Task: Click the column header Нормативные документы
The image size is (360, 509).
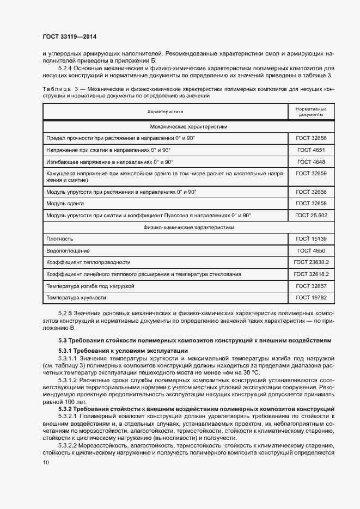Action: (x=311, y=112)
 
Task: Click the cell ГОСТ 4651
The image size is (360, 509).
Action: (x=311, y=150)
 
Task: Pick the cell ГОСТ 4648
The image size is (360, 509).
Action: (x=311, y=162)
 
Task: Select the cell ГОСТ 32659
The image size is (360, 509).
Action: (x=311, y=174)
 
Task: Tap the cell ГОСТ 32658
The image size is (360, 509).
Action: (x=311, y=204)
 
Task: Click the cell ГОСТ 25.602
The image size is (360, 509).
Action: (x=311, y=216)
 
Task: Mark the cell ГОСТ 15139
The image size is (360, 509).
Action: (x=311, y=238)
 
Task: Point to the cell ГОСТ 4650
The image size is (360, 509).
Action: (x=311, y=250)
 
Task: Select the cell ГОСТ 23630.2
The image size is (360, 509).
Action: (x=311, y=262)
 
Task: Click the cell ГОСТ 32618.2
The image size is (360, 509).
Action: (x=311, y=274)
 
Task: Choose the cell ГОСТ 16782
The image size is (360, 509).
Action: (x=311, y=298)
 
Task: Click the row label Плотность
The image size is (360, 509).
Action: (x=60, y=238)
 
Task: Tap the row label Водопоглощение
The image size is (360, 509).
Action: (x=68, y=250)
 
